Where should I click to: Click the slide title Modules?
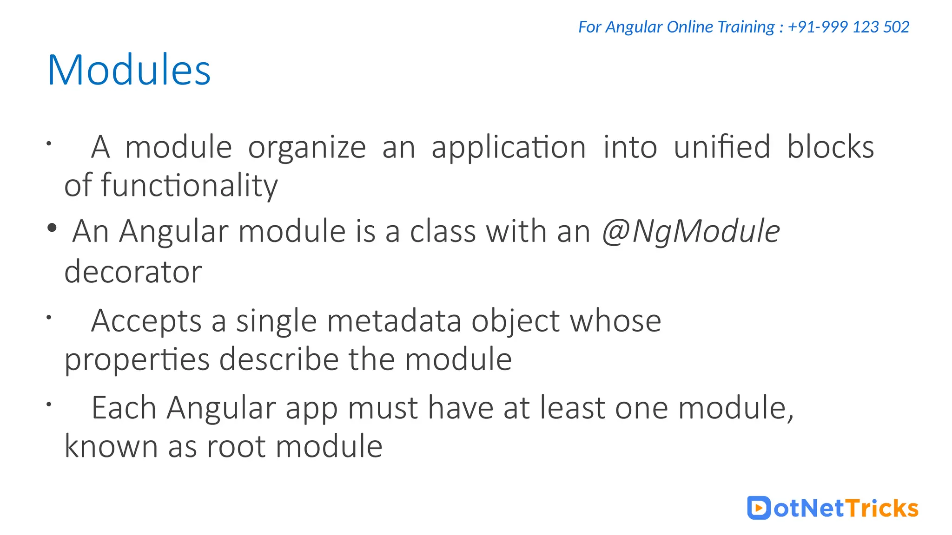pos(129,70)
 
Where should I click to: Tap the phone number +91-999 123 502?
pos(848,27)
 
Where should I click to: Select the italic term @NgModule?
pos(691,231)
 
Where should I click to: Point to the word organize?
pos(307,148)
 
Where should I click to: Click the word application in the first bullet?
pos(509,148)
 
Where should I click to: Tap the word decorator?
pos(133,272)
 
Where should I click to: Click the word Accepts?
pos(146,321)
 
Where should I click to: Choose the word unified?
pos(722,147)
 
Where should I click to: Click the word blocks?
pos(830,147)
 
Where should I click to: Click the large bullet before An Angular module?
pos(52,228)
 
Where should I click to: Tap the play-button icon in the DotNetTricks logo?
pos(759,508)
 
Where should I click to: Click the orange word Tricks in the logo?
pos(881,508)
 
